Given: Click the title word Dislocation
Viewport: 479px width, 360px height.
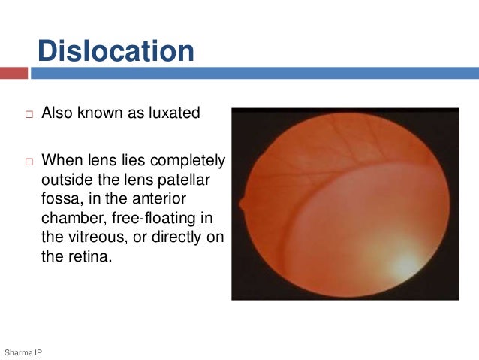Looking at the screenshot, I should point(116,52).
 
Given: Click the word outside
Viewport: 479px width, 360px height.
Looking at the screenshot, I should point(66,180).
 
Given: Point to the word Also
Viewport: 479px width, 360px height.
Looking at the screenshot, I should point(58,113).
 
